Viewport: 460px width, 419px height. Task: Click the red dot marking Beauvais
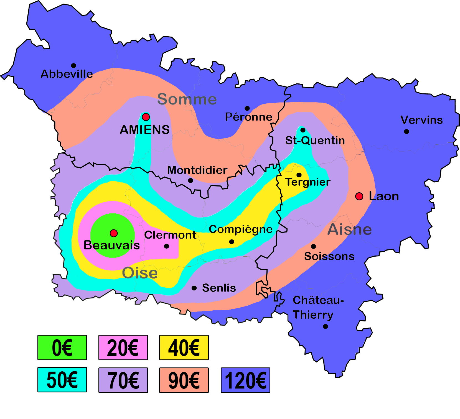tap(114, 233)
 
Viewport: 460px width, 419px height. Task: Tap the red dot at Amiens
tap(146, 117)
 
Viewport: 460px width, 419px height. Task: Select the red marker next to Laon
tap(359, 196)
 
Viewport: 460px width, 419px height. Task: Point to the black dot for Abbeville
tap(73, 66)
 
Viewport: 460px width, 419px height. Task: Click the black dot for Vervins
tap(406, 131)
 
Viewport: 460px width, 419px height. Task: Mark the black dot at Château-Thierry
tap(326, 326)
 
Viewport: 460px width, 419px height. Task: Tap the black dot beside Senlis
tap(194, 288)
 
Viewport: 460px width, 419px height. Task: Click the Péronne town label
tap(249, 117)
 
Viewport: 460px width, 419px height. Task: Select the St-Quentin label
tap(315, 140)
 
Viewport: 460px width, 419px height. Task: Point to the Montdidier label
tap(197, 170)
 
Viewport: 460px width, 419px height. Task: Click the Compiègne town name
tap(241, 229)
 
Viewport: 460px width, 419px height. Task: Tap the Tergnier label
tap(308, 182)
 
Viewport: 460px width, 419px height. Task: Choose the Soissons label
tap(329, 256)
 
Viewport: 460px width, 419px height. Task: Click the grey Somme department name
tap(187, 99)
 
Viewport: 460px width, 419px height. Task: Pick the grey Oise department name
tap(140, 273)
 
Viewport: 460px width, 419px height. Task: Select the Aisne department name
tap(349, 229)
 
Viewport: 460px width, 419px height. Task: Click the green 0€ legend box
tap(62, 348)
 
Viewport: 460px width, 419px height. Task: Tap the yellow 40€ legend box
tap(184, 348)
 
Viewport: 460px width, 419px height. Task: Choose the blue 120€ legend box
tap(246, 380)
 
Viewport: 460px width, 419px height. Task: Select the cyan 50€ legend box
tap(62, 380)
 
